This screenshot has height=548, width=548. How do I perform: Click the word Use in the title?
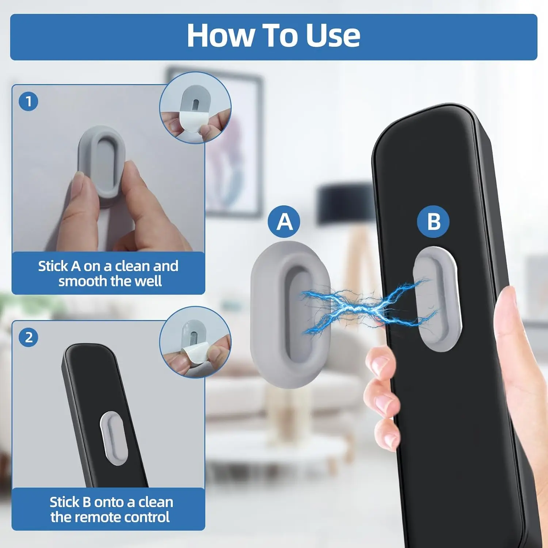click(x=333, y=35)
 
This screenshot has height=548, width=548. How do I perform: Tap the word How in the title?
click(x=220, y=35)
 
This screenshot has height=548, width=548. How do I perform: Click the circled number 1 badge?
click(x=28, y=101)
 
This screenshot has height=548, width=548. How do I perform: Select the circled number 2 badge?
click(x=28, y=337)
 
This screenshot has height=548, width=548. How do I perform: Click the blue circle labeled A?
click(x=284, y=221)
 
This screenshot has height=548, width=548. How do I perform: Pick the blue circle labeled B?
click(x=433, y=221)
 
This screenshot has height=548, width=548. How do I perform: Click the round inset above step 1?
click(x=195, y=108)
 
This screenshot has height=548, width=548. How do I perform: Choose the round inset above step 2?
click(x=195, y=342)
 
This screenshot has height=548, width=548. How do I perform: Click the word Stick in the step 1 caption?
click(x=53, y=266)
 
